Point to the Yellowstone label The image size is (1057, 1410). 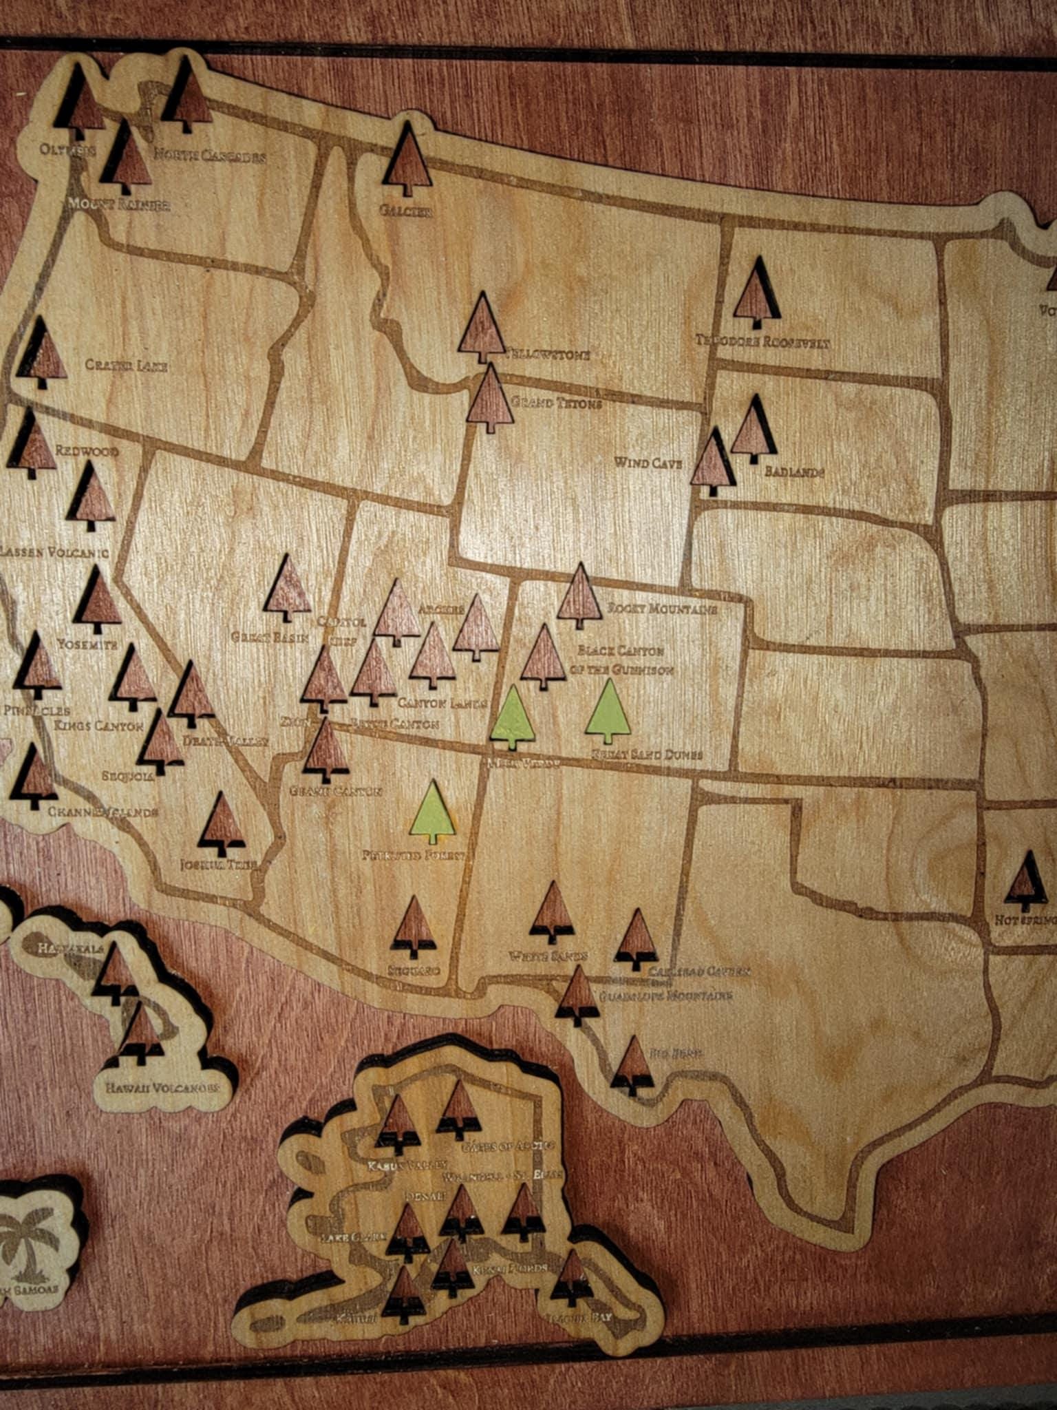pyautogui.click(x=548, y=355)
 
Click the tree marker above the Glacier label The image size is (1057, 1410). pyautogui.click(x=407, y=160)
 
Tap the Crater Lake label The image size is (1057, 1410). pyautogui.click(x=127, y=365)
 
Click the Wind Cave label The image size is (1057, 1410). pyautogui.click(x=648, y=463)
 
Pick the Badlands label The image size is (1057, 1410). pyautogui.click(x=794, y=472)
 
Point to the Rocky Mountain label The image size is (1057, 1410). pyautogui.click(x=662, y=609)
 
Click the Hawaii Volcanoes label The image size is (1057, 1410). pyautogui.click(x=162, y=1088)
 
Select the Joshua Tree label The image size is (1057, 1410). pyautogui.click(x=218, y=864)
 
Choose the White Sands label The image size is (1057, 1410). pyautogui.click(x=548, y=956)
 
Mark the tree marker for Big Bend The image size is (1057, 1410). pyautogui.click(x=632, y=1065)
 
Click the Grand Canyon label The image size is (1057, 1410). pyautogui.click(x=335, y=791)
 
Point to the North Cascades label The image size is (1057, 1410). pyautogui.click(x=209, y=156)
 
